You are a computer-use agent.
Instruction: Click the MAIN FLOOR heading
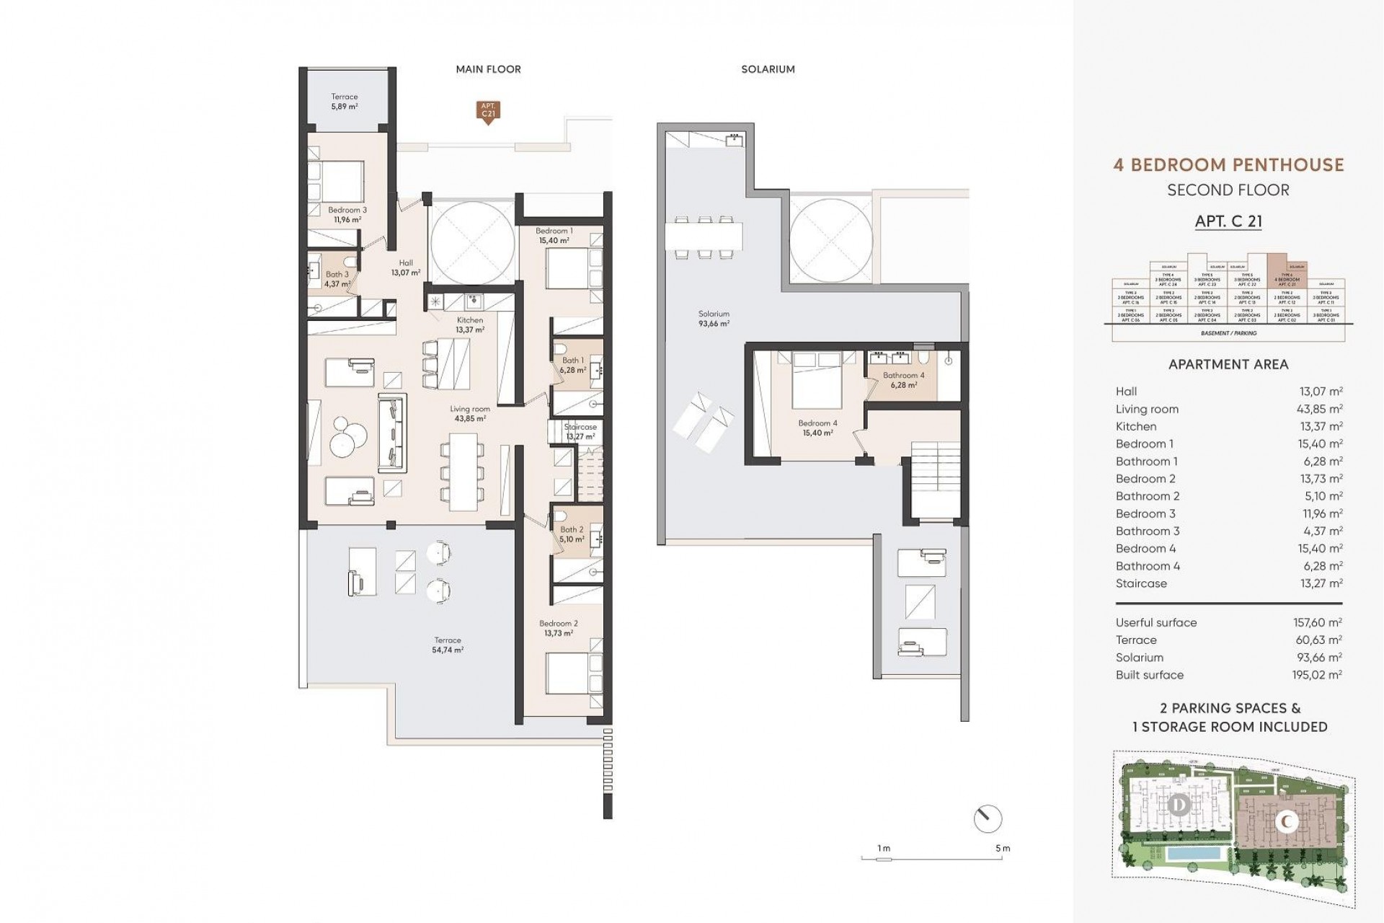pos(488,69)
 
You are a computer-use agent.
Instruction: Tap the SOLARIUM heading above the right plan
pos(768,69)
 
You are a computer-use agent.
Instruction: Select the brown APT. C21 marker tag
pos(488,111)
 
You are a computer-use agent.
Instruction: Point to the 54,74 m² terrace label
pos(448,645)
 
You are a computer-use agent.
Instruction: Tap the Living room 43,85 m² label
pos(470,413)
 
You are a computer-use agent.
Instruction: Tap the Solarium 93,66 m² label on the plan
pos(714,319)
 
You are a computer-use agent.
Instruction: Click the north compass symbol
pos(987,818)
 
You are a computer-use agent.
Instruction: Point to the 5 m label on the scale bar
pos(1002,849)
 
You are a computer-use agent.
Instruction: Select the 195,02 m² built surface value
pos(1321,675)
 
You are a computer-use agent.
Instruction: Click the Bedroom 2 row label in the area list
pos(1145,479)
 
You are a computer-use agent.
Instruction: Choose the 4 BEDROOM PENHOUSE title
pos(1228,164)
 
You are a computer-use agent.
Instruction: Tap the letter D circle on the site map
pos(1179,804)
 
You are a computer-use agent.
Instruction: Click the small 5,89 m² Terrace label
pos(345,102)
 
